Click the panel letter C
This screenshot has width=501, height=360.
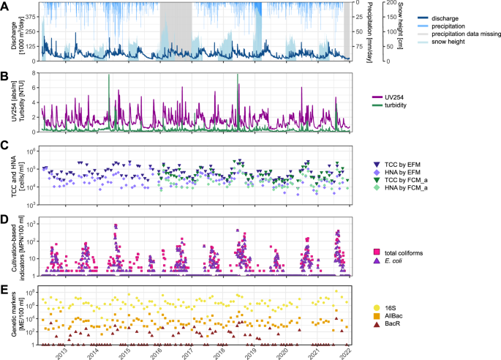[4, 145]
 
